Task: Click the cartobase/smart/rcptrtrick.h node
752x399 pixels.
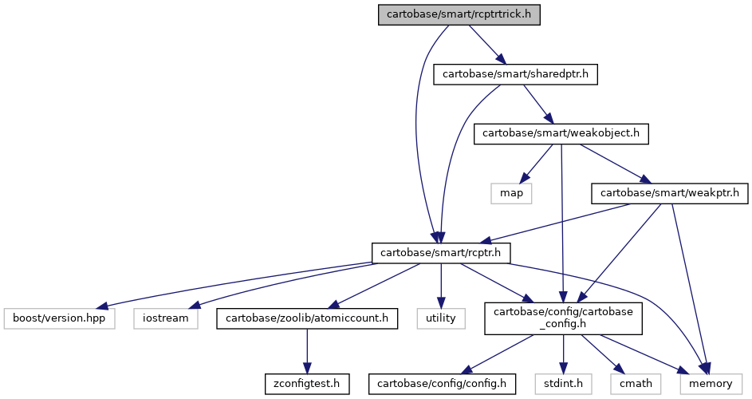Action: [x=459, y=14]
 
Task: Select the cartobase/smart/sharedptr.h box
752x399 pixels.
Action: [x=515, y=74]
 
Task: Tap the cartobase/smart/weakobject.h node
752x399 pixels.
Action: [x=561, y=133]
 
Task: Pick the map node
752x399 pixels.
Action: [x=511, y=193]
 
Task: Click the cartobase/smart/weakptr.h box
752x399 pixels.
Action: [x=670, y=193]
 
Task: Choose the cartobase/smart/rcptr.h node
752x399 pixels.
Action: [x=441, y=253]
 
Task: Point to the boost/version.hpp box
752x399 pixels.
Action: [x=59, y=318]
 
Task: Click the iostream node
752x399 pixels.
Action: [x=165, y=318]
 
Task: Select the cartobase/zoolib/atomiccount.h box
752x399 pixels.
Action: [x=307, y=318]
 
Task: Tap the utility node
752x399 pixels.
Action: [x=441, y=318]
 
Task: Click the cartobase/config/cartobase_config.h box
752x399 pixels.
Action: [x=563, y=318]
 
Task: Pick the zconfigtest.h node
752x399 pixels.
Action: [x=307, y=384]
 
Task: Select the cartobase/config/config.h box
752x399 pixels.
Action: [x=442, y=384]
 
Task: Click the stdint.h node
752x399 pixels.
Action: [x=563, y=384]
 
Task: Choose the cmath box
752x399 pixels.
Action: [x=636, y=384]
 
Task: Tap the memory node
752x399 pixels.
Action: [x=711, y=384]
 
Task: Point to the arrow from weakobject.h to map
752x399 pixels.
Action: [x=537, y=164]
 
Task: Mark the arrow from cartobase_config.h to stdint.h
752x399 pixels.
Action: [x=563, y=354]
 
